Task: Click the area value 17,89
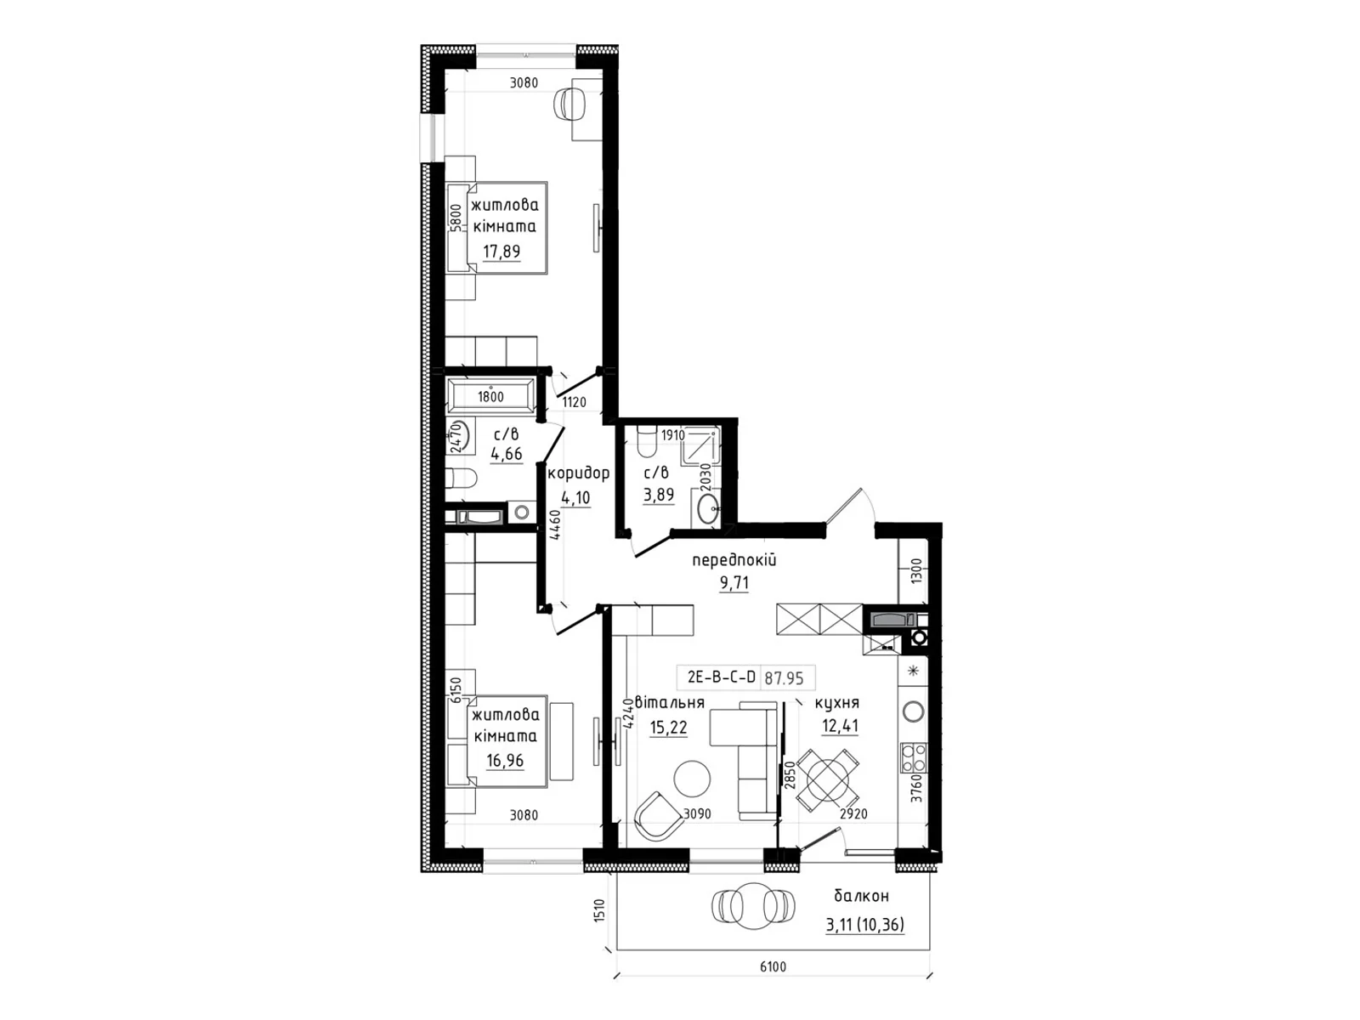point(501,252)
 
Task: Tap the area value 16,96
point(505,760)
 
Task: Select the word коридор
point(579,473)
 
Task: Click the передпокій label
point(734,560)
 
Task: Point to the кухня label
point(836,703)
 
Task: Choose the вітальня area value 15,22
point(669,727)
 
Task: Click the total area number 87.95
point(784,678)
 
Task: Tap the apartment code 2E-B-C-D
point(721,677)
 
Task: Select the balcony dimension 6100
point(773,966)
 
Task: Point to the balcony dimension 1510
point(598,910)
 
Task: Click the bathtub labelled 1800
point(490,396)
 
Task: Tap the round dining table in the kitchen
point(827,781)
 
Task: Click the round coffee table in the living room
point(691,779)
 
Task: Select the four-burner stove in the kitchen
point(913,757)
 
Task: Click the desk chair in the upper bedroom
point(570,103)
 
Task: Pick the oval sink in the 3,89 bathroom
point(709,510)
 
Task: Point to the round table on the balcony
point(753,906)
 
